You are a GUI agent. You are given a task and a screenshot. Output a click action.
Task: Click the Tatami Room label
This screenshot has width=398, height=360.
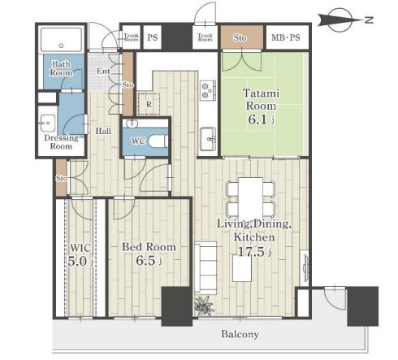pos(262,99)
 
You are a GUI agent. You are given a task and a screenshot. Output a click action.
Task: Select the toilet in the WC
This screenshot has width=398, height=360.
pos(158,141)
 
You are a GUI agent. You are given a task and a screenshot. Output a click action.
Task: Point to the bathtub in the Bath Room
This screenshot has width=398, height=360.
pos(61,40)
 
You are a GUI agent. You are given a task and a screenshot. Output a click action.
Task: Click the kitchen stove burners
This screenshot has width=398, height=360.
pos(208,90)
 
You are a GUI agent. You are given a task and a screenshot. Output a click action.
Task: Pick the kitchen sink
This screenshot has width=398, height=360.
pos(208,139)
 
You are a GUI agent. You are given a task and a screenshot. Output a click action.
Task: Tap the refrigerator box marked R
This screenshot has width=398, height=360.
pos(149,104)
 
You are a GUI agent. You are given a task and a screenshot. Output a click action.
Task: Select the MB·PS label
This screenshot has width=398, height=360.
pos(286,37)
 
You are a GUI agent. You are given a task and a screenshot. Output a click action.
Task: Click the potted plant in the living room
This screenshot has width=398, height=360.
pos(205,306)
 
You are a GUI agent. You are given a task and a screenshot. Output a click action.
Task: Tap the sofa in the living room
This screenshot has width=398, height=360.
pos(205,268)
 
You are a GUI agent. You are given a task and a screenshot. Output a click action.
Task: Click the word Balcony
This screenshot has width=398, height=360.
pos(240,334)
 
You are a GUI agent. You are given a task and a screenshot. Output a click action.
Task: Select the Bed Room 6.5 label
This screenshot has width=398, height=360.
pos(149,254)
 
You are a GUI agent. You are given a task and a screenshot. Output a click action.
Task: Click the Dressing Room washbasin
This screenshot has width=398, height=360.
pos(48,124)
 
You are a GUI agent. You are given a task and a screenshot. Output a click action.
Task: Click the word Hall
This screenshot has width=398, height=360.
pos(103,131)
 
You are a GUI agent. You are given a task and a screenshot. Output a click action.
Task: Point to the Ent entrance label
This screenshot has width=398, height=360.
pos(103,72)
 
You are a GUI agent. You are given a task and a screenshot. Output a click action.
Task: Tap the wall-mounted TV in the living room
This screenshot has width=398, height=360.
pos(305,267)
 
